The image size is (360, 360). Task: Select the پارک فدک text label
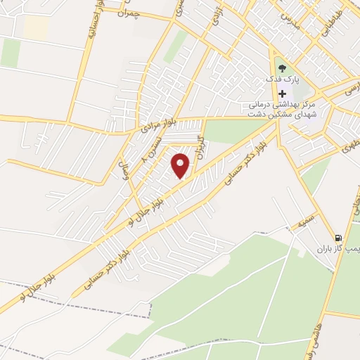(282, 80)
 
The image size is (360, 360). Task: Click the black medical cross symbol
(282, 94)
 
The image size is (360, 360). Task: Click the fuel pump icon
(340, 238)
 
